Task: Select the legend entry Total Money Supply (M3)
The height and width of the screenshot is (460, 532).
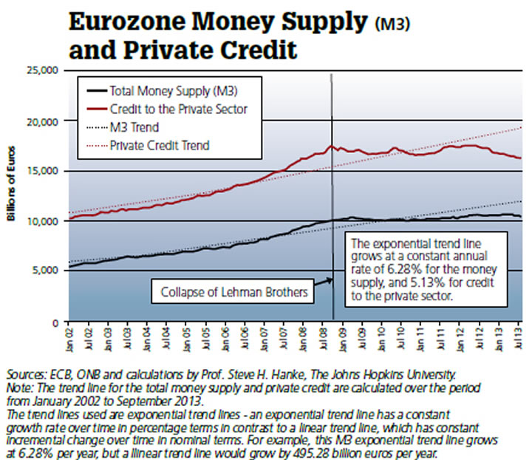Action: (x=173, y=92)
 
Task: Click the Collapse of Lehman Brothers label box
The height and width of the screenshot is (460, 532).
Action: (x=234, y=291)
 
